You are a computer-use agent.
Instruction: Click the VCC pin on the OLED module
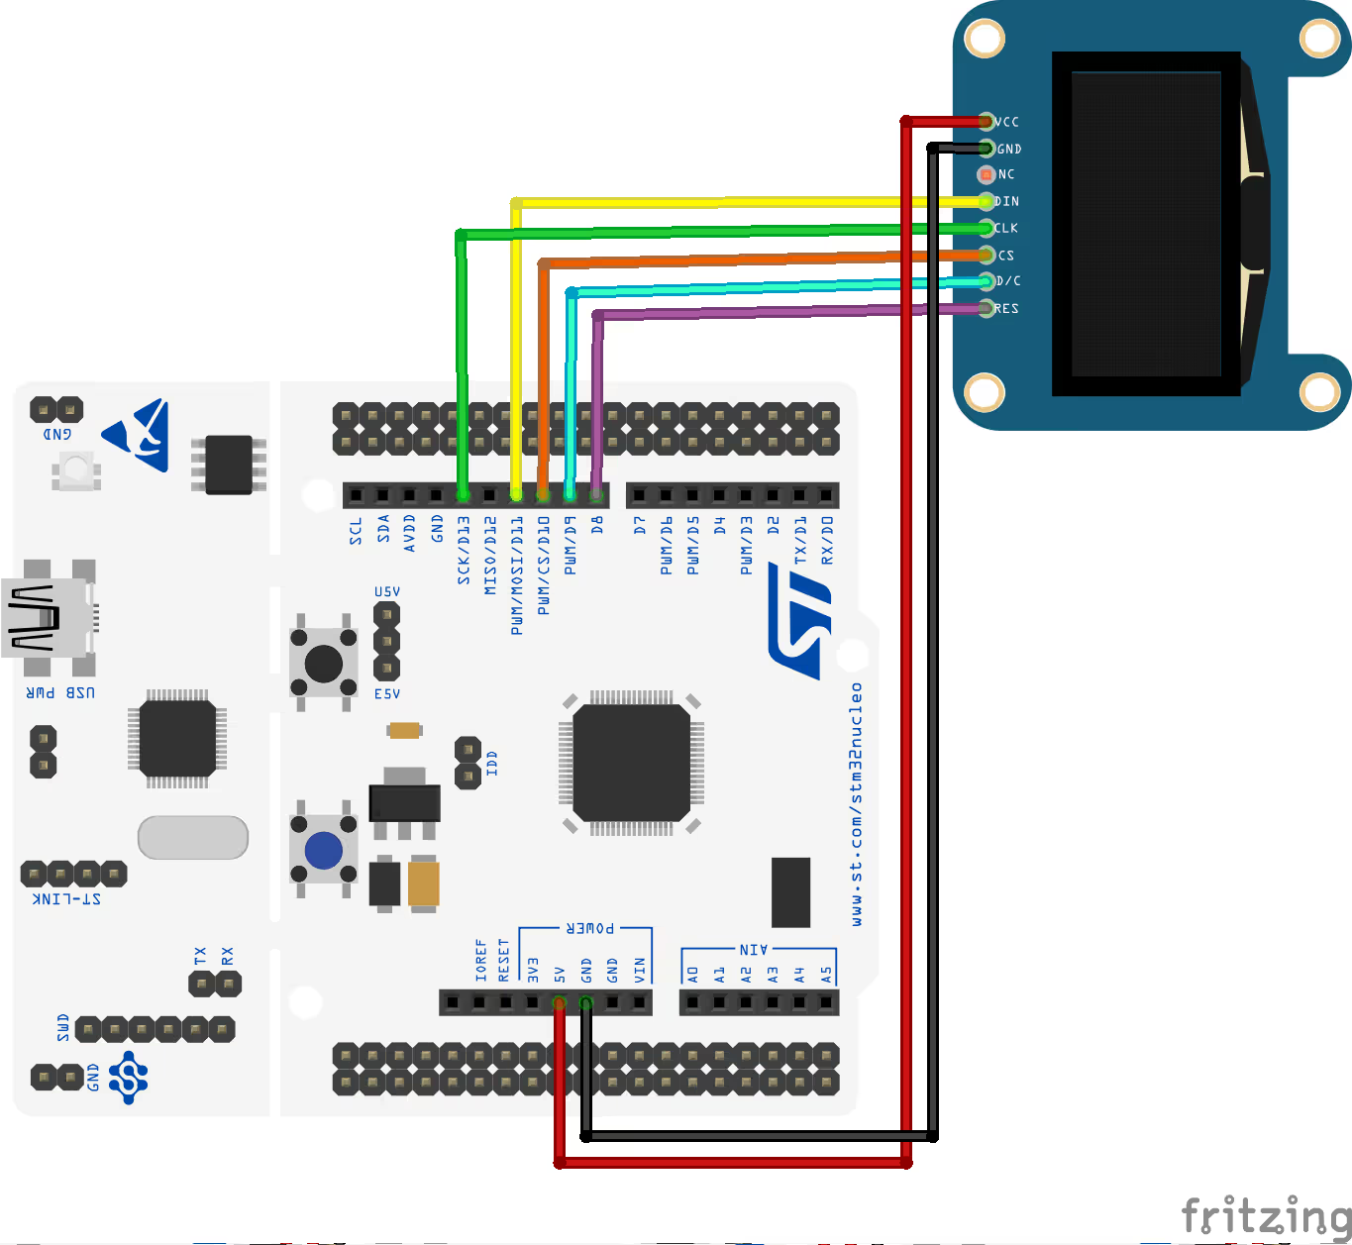tap(986, 122)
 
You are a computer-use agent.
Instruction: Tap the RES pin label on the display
tap(1007, 309)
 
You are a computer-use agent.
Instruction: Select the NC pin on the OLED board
tap(986, 174)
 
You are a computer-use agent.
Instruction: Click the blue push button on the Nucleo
tap(324, 850)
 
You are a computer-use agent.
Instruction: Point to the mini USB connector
tap(48, 619)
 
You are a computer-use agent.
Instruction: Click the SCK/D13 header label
tap(464, 550)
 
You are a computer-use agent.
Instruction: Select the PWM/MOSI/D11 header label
tap(517, 574)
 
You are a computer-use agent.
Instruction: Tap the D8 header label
tap(597, 525)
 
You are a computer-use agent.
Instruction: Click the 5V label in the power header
tap(560, 974)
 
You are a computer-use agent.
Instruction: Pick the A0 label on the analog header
tap(692, 974)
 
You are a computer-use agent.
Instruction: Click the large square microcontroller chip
tap(631, 763)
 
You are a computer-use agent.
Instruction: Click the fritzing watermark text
tap(1266, 1214)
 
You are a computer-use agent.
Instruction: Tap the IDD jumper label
tap(492, 763)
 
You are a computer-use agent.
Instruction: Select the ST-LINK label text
tap(66, 899)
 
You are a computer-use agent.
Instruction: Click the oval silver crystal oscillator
tap(193, 838)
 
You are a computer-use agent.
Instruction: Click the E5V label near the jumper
tap(387, 693)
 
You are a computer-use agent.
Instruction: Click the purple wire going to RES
tap(753, 312)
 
